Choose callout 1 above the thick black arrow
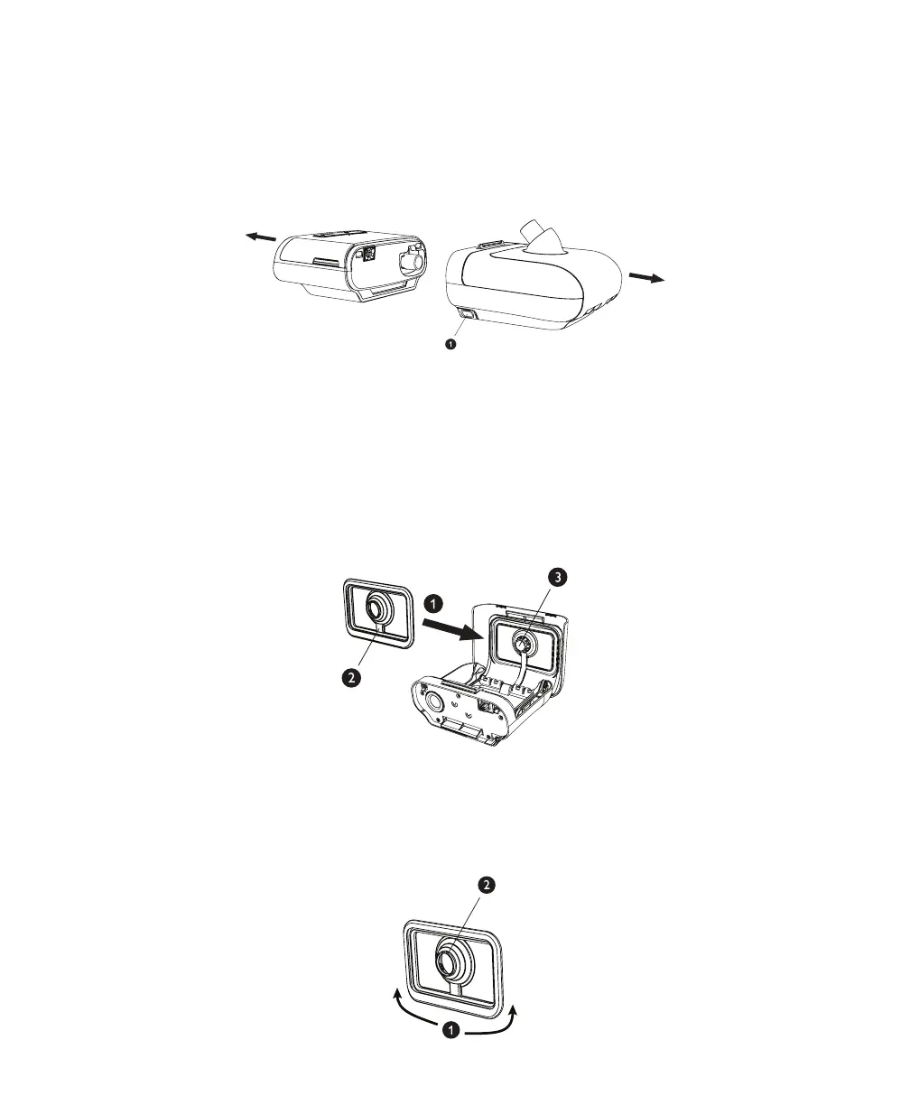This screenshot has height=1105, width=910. click(x=434, y=601)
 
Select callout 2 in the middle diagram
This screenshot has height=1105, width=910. click(x=354, y=676)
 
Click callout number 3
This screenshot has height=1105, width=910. click(x=561, y=579)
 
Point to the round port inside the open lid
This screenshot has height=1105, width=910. click(x=523, y=642)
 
